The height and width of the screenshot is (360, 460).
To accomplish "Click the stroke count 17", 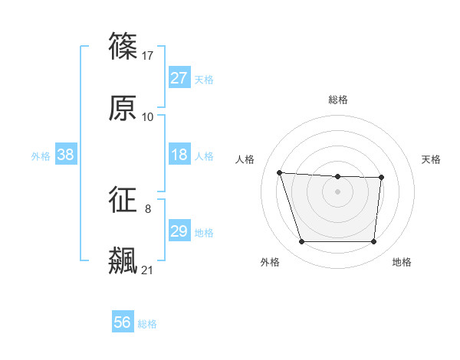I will [x=149, y=56].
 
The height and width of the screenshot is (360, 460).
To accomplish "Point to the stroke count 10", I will [x=148, y=117].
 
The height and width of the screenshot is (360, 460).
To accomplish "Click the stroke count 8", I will [x=148, y=208].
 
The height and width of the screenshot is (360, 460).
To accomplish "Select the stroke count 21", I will [x=148, y=270].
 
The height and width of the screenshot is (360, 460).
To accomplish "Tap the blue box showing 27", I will [x=179, y=78].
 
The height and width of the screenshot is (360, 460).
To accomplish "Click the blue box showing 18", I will [x=179, y=155].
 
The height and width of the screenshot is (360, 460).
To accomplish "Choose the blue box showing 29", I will [x=179, y=231].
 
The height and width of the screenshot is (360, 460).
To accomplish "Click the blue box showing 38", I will [x=66, y=155].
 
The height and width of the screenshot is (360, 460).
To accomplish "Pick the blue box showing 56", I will [x=123, y=323].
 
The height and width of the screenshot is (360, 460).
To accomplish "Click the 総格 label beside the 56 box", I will [x=147, y=324].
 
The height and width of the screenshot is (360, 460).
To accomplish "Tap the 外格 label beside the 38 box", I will [x=41, y=156].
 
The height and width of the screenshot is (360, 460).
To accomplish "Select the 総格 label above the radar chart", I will [x=338, y=100].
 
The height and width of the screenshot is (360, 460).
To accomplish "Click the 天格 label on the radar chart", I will [x=432, y=159].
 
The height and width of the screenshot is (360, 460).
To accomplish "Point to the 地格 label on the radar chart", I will [x=402, y=262].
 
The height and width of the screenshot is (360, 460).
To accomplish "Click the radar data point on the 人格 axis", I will [x=280, y=172].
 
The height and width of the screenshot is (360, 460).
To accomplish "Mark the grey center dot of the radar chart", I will [x=338, y=191].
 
